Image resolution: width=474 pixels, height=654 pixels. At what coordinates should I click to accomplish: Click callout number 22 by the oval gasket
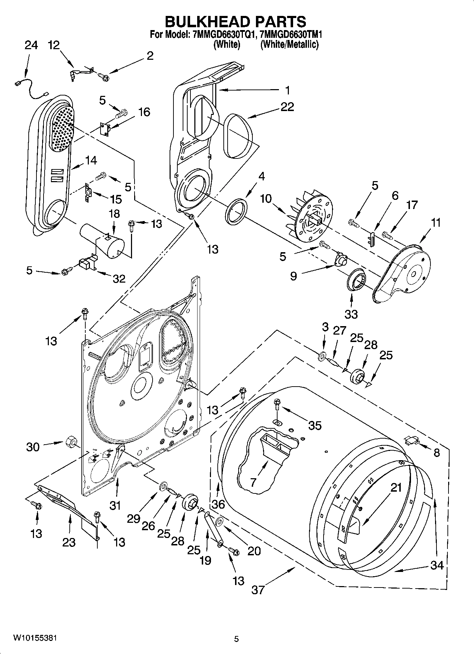tap(287, 107)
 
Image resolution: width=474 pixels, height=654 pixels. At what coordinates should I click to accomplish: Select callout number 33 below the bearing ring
tap(351, 314)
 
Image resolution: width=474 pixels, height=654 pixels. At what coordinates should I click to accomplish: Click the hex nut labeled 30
tap(70, 442)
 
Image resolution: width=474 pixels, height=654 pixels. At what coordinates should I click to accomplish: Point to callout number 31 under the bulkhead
tap(115, 506)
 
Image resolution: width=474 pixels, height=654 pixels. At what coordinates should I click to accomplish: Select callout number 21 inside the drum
tap(396, 488)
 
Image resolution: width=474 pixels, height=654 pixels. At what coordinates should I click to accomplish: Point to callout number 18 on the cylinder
tap(114, 214)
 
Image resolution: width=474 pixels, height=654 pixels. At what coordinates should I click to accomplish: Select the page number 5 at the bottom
tap(236, 639)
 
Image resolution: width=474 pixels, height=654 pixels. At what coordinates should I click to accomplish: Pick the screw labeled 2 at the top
tap(104, 75)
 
